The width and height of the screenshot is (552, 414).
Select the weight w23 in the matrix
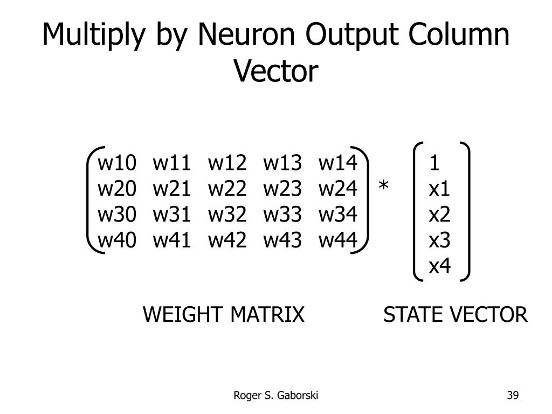282,188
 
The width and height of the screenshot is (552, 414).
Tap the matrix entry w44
338,240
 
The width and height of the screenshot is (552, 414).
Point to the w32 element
227,215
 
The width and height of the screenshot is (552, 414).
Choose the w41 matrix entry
172,240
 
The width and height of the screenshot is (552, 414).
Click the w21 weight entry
172,188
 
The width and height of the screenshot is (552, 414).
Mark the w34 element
338,215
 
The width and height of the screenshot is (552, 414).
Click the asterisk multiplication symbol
383,187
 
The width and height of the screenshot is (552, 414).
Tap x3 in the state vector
439,240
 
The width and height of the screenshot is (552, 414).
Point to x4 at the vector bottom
439,266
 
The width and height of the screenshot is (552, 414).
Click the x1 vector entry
439,188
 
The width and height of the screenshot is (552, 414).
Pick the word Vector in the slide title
276,71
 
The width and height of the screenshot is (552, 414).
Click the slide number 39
512,396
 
